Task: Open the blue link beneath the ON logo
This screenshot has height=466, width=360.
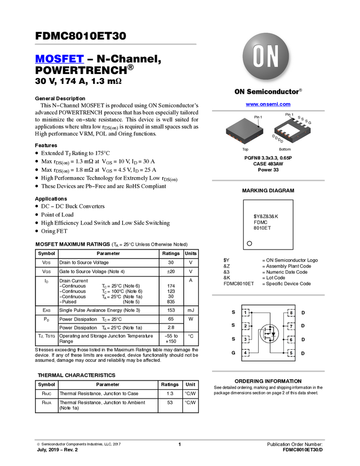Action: (268, 104)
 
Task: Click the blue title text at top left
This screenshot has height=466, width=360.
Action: (59, 59)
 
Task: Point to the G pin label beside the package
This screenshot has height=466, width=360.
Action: (310, 122)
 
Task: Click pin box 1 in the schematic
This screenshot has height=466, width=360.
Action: (246, 312)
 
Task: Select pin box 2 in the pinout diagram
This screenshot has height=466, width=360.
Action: (246, 326)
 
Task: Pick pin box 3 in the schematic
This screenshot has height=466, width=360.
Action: (246, 339)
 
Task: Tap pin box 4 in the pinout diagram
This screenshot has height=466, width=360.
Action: (246, 353)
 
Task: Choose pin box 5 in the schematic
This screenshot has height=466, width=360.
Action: (291, 353)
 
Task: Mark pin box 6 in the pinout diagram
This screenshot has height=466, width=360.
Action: (291, 339)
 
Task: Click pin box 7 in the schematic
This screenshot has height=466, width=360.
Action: (291, 326)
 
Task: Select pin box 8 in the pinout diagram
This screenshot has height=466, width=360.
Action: (291, 312)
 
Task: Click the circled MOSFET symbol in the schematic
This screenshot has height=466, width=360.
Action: (269, 333)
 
